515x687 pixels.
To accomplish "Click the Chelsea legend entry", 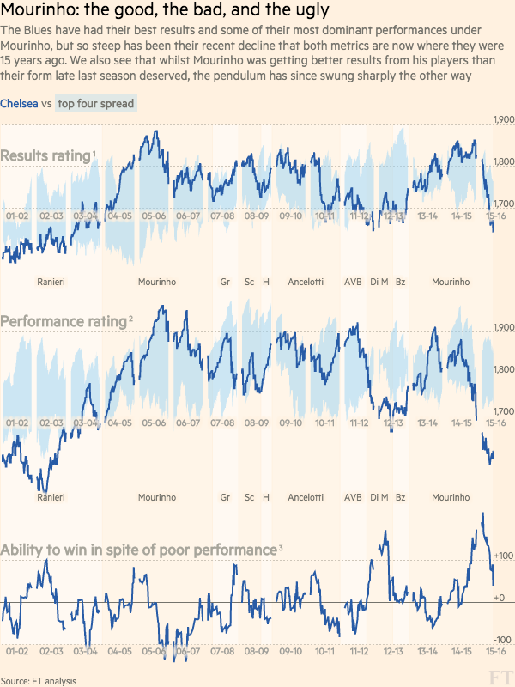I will pyautogui.click(x=19, y=104).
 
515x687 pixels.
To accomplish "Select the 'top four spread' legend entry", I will pyautogui.click(x=96, y=104).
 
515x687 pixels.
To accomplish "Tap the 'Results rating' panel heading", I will pyautogui.click(x=46, y=156).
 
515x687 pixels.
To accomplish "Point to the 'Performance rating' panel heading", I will pyautogui.click(x=64, y=322).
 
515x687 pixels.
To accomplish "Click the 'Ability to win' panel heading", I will pyautogui.click(x=138, y=549).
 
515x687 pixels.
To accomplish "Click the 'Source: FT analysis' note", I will pyautogui.click(x=39, y=681).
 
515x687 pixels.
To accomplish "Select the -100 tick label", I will pyautogui.click(x=503, y=641).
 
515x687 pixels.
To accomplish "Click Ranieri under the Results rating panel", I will pyautogui.click(x=51, y=282).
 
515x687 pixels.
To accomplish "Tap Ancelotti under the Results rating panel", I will pyautogui.click(x=306, y=282).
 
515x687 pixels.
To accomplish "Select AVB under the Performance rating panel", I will pyautogui.click(x=353, y=497).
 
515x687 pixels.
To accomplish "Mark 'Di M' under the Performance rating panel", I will pyautogui.click(x=379, y=497).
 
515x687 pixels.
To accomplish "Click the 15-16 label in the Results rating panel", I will pyautogui.click(x=495, y=216).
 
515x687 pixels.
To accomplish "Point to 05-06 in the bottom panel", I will pyautogui.click(x=154, y=653).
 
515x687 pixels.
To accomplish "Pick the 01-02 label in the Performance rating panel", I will pyautogui.click(x=17, y=423).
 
